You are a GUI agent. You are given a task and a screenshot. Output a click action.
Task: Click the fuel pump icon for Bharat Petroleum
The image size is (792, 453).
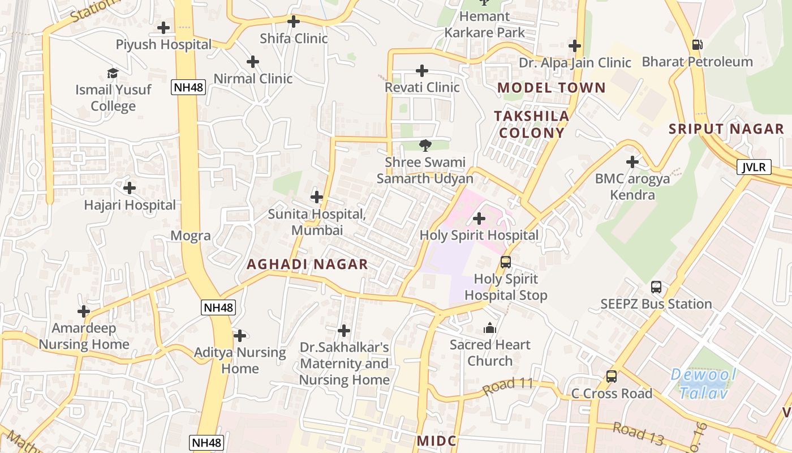click(x=698, y=45)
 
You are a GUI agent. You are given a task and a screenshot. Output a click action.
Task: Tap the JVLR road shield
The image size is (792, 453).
click(x=754, y=167)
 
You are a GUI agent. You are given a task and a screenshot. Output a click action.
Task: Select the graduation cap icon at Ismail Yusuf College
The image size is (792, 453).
click(x=113, y=73)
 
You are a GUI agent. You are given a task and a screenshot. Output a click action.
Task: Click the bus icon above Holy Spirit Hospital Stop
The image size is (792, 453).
click(x=506, y=262)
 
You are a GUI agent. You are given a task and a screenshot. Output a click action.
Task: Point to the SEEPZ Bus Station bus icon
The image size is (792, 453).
click(x=656, y=287)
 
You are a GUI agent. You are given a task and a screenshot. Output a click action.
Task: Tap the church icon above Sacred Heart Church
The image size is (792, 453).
click(x=490, y=328)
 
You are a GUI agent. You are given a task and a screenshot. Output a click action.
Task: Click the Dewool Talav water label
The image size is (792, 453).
click(x=703, y=383)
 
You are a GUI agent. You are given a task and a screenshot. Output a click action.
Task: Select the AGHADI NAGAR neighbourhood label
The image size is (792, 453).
click(x=307, y=264)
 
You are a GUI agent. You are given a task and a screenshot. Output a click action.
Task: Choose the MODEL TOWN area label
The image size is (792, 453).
click(x=552, y=88)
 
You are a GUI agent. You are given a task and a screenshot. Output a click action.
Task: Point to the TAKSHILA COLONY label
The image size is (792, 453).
click(x=530, y=125)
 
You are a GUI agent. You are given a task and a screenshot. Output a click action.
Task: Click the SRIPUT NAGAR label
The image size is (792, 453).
click(x=726, y=129)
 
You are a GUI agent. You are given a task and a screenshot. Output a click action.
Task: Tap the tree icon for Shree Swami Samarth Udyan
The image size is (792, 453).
click(x=425, y=146)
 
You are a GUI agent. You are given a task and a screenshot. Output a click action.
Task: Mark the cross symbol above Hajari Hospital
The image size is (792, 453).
click(x=130, y=188)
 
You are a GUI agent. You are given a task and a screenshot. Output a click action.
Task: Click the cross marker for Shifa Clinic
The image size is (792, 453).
click(x=294, y=22)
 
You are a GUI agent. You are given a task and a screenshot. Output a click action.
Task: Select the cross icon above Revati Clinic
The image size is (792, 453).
click(x=422, y=71)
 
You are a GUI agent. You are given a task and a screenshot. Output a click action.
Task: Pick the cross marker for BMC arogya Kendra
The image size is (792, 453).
click(x=632, y=163)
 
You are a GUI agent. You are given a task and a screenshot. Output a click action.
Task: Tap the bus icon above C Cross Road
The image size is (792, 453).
click(x=612, y=377)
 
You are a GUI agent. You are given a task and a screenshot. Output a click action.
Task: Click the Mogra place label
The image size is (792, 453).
click(x=191, y=236)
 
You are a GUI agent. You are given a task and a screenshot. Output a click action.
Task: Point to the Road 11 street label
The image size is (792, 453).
click(x=508, y=386)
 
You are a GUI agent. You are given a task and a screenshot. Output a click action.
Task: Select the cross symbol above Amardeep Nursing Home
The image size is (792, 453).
click(x=84, y=311)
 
